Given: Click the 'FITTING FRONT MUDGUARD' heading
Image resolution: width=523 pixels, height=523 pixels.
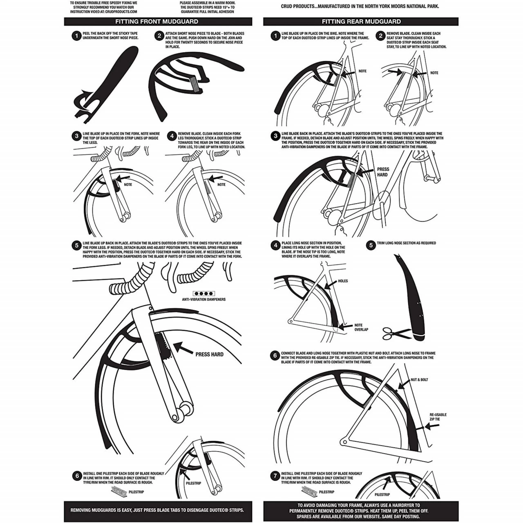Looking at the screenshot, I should pos(156,22).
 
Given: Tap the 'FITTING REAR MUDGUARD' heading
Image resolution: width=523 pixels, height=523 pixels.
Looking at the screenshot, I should pos(361,22).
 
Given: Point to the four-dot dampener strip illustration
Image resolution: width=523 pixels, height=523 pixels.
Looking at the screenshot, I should pos(203,293).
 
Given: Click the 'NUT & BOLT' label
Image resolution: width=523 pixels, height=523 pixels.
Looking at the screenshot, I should pos(419,380).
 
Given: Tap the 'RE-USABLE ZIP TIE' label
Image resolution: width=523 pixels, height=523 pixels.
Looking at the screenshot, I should pos(438,417).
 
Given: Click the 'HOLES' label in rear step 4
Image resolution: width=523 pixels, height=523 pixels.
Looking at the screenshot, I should pos(343,281).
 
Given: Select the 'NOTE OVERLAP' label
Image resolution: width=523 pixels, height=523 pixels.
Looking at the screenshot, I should pos(361,327).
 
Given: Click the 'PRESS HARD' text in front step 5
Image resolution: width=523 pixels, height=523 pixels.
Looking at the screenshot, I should pos(209,354).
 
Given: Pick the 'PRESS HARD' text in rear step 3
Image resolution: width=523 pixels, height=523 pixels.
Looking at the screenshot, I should pos(383,172).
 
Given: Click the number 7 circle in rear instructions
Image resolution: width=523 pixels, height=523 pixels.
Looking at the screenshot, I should pos(275,476).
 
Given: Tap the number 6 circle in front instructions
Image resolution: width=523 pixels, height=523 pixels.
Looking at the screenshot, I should pos(77,476).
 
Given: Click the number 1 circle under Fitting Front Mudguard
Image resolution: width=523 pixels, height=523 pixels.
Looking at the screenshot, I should pos(76,36).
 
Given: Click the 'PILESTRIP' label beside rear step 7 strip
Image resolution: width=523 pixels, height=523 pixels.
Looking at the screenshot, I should pos(326,492).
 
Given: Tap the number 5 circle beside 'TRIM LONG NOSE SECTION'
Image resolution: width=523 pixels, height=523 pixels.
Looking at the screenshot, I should pos(371,245).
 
